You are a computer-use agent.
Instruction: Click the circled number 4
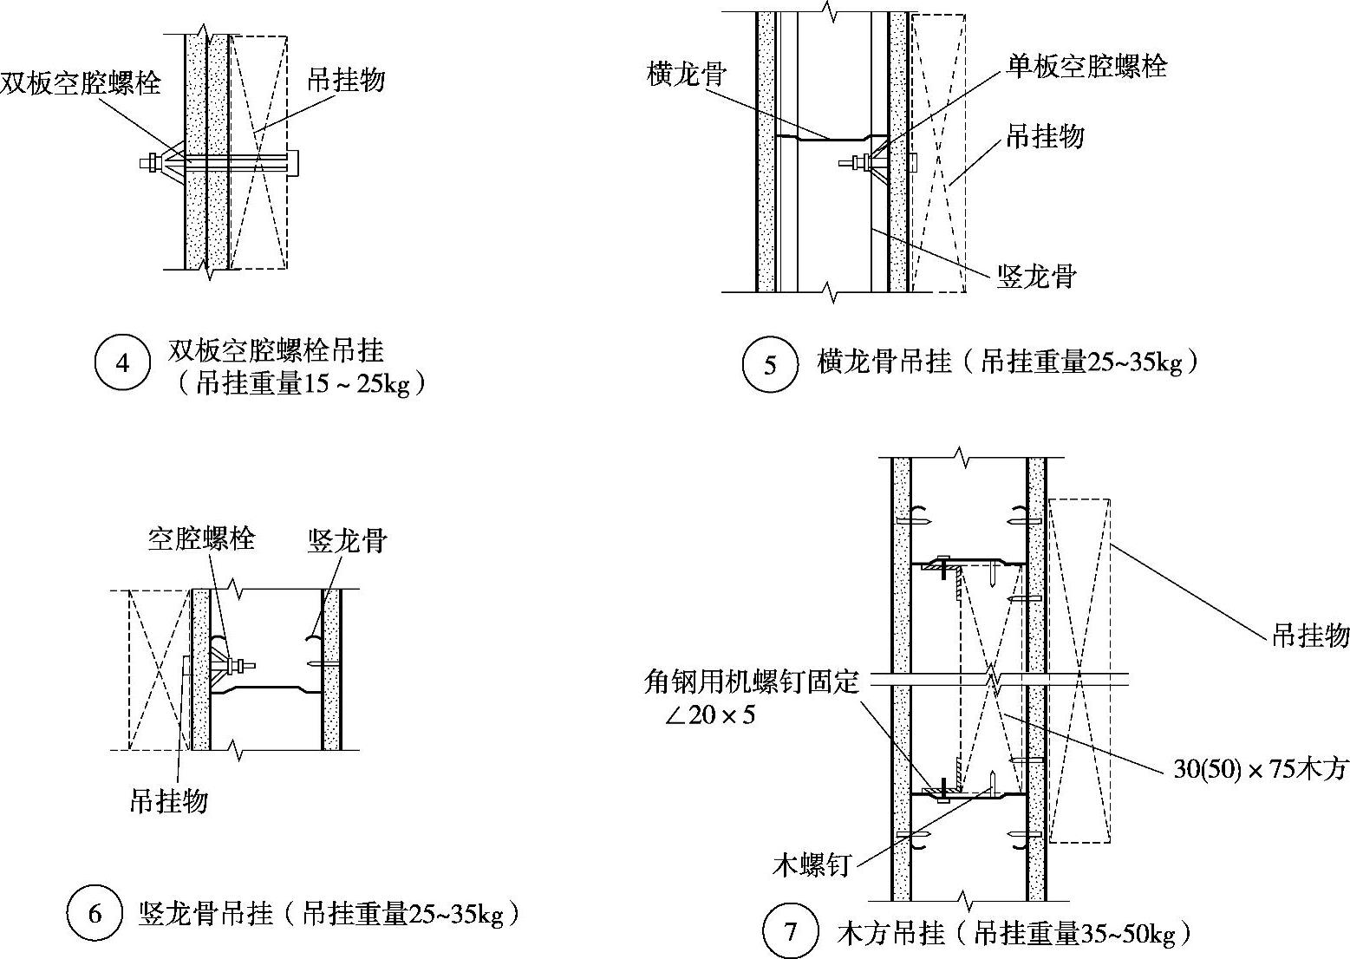click(121, 363)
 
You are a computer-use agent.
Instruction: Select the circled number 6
click(95, 914)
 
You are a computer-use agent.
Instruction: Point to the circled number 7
click(790, 933)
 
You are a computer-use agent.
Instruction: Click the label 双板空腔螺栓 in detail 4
click(81, 82)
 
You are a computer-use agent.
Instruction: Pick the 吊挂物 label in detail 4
click(346, 81)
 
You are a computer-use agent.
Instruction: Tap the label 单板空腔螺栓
click(1086, 66)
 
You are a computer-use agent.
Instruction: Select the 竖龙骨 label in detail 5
click(1036, 277)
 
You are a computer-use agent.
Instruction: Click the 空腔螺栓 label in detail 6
click(201, 539)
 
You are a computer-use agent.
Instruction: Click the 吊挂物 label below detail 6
click(169, 800)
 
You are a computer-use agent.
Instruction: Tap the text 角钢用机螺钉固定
click(752, 682)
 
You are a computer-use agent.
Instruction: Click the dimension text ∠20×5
click(708, 715)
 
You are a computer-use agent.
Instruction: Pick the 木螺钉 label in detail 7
click(812, 864)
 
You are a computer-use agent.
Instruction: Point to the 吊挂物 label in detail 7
click(1310, 636)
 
